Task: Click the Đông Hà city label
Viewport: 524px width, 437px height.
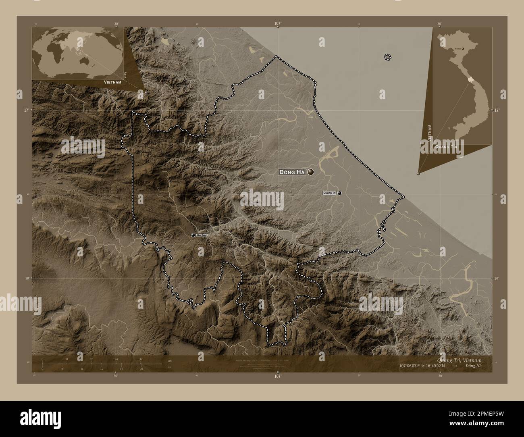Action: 292,172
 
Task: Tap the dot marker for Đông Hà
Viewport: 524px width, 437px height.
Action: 311,172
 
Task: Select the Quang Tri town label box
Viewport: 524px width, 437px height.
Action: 329,193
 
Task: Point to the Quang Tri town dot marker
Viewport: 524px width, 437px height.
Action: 340,193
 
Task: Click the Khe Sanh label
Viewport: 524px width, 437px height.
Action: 202,235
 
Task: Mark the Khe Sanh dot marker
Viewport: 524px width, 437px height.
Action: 193,235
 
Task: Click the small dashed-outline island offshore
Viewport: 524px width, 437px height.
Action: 388,57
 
